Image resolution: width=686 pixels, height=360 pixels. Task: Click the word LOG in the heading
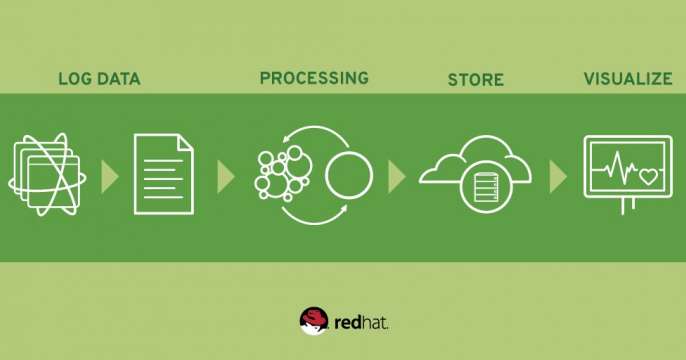click(x=74, y=79)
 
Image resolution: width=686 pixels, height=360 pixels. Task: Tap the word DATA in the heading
click(x=119, y=79)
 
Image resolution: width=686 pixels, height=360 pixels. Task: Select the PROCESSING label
click(x=314, y=78)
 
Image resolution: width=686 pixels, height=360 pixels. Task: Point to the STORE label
click(x=476, y=80)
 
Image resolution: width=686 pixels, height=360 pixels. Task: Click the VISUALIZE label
click(x=628, y=79)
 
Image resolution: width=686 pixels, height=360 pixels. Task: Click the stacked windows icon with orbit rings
click(x=47, y=175)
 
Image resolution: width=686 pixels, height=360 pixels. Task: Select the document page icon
click(x=164, y=174)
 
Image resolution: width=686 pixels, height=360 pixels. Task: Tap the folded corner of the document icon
click(x=186, y=143)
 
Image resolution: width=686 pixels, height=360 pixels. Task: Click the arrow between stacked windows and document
click(x=109, y=177)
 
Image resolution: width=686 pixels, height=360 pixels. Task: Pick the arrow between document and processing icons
click(x=225, y=177)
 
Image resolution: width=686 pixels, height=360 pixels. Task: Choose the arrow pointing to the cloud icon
click(x=396, y=177)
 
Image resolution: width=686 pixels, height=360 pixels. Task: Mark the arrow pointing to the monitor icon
click(x=558, y=177)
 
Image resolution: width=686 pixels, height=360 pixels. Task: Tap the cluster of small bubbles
click(x=283, y=173)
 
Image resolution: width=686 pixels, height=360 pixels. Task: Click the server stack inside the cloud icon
click(x=486, y=187)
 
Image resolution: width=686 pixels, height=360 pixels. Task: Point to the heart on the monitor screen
click(x=648, y=177)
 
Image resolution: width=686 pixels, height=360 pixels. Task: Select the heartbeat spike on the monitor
click(x=617, y=165)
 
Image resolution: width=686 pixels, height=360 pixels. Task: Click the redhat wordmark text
click(x=361, y=323)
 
